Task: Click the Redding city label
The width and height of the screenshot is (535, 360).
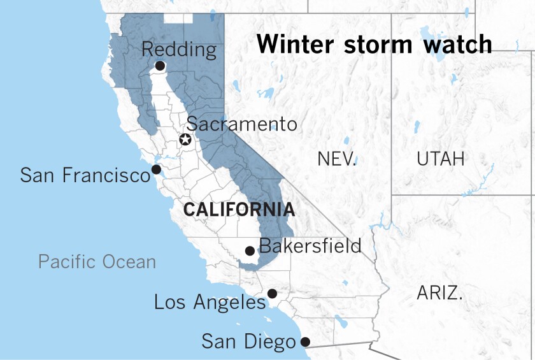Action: pyautogui.click(x=178, y=49)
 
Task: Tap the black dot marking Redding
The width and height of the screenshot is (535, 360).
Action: pyautogui.click(x=160, y=66)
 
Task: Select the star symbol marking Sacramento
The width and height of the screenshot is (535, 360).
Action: pyautogui.click(x=185, y=140)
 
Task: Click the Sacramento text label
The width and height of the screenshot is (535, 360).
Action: pyautogui.click(x=241, y=124)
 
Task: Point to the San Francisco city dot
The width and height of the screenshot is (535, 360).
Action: pyautogui.click(x=155, y=169)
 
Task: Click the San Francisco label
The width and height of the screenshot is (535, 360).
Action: pyautogui.click(x=85, y=175)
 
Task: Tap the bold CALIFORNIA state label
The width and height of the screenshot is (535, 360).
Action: pyautogui.click(x=239, y=210)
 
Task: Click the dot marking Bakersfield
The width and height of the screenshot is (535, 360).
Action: pyautogui.click(x=250, y=251)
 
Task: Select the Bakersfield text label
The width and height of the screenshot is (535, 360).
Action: pyautogui.click(x=310, y=245)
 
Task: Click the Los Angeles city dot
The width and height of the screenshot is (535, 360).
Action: pyautogui.click(x=272, y=294)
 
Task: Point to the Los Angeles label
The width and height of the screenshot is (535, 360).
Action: pyautogui.click(x=210, y=301)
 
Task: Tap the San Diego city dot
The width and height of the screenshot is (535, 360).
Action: pyautogui.click(x=305, y=342)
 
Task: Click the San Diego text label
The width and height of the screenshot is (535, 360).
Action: pyautogui.click(x=249, y=341)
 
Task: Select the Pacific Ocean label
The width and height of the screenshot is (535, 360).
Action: pyautogui.click(x=97, y=261)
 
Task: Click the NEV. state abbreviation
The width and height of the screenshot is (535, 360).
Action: pyautogui.click(x=336, y=159)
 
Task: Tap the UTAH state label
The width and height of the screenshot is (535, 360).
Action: pyautogui.click(x=441, y=159)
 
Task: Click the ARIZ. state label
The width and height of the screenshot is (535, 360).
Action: pyautogui.click(x=439, y=294)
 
